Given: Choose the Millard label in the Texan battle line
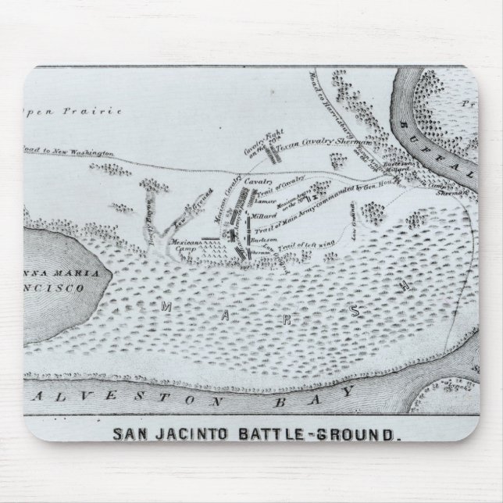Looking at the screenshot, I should [266, 212].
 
